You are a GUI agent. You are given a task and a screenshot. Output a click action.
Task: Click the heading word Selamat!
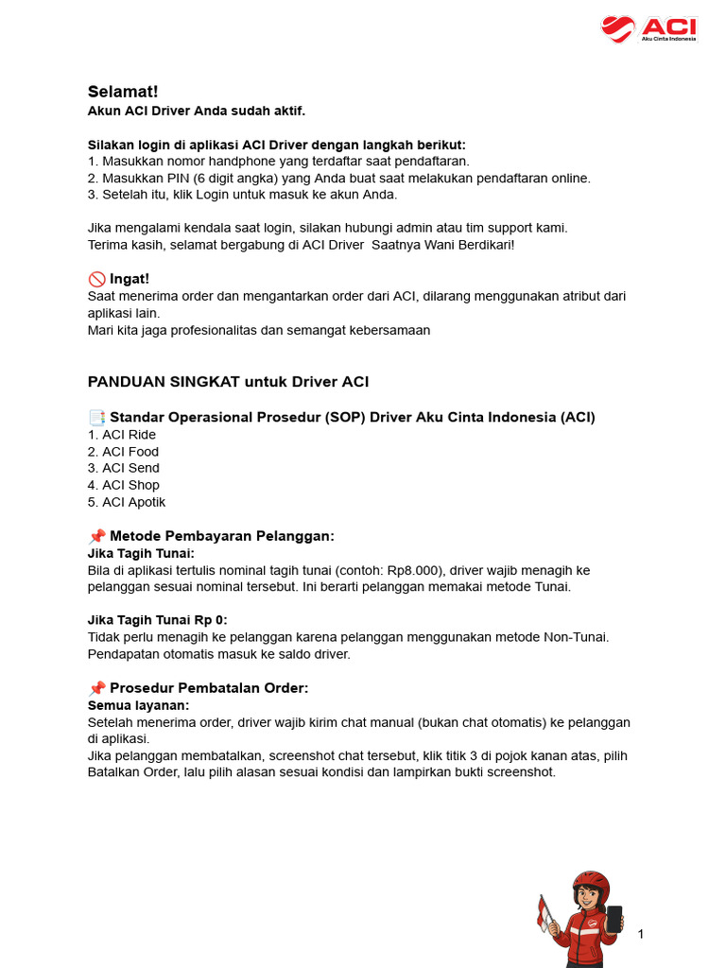[123, 92]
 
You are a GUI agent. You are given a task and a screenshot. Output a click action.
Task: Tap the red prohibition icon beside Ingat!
[96, 279]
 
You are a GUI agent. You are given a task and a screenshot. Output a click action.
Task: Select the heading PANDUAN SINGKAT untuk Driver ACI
[228, 382]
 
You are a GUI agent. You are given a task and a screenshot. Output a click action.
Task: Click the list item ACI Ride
[129, 435]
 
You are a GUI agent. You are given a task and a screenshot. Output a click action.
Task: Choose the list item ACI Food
[130, 452]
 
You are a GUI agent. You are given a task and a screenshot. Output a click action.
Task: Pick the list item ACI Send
[130, 468]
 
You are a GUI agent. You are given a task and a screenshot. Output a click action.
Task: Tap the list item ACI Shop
[130, 485]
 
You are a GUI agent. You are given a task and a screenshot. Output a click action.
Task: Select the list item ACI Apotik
[133, 502]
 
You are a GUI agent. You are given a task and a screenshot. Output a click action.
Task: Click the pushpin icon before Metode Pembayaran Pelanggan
[96, 537]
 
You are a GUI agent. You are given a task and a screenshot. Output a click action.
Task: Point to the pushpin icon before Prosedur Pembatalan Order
[96, 688]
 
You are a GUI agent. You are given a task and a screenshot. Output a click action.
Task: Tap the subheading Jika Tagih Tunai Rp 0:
[157, 620]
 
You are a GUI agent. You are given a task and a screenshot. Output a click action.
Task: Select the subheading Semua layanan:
[138, 705]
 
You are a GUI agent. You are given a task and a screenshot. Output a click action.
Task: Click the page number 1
[641, 935]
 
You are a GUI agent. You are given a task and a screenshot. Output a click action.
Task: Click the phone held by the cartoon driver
[614, 920]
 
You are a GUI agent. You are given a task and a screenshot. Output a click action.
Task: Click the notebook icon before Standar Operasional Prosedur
[96, 418]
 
